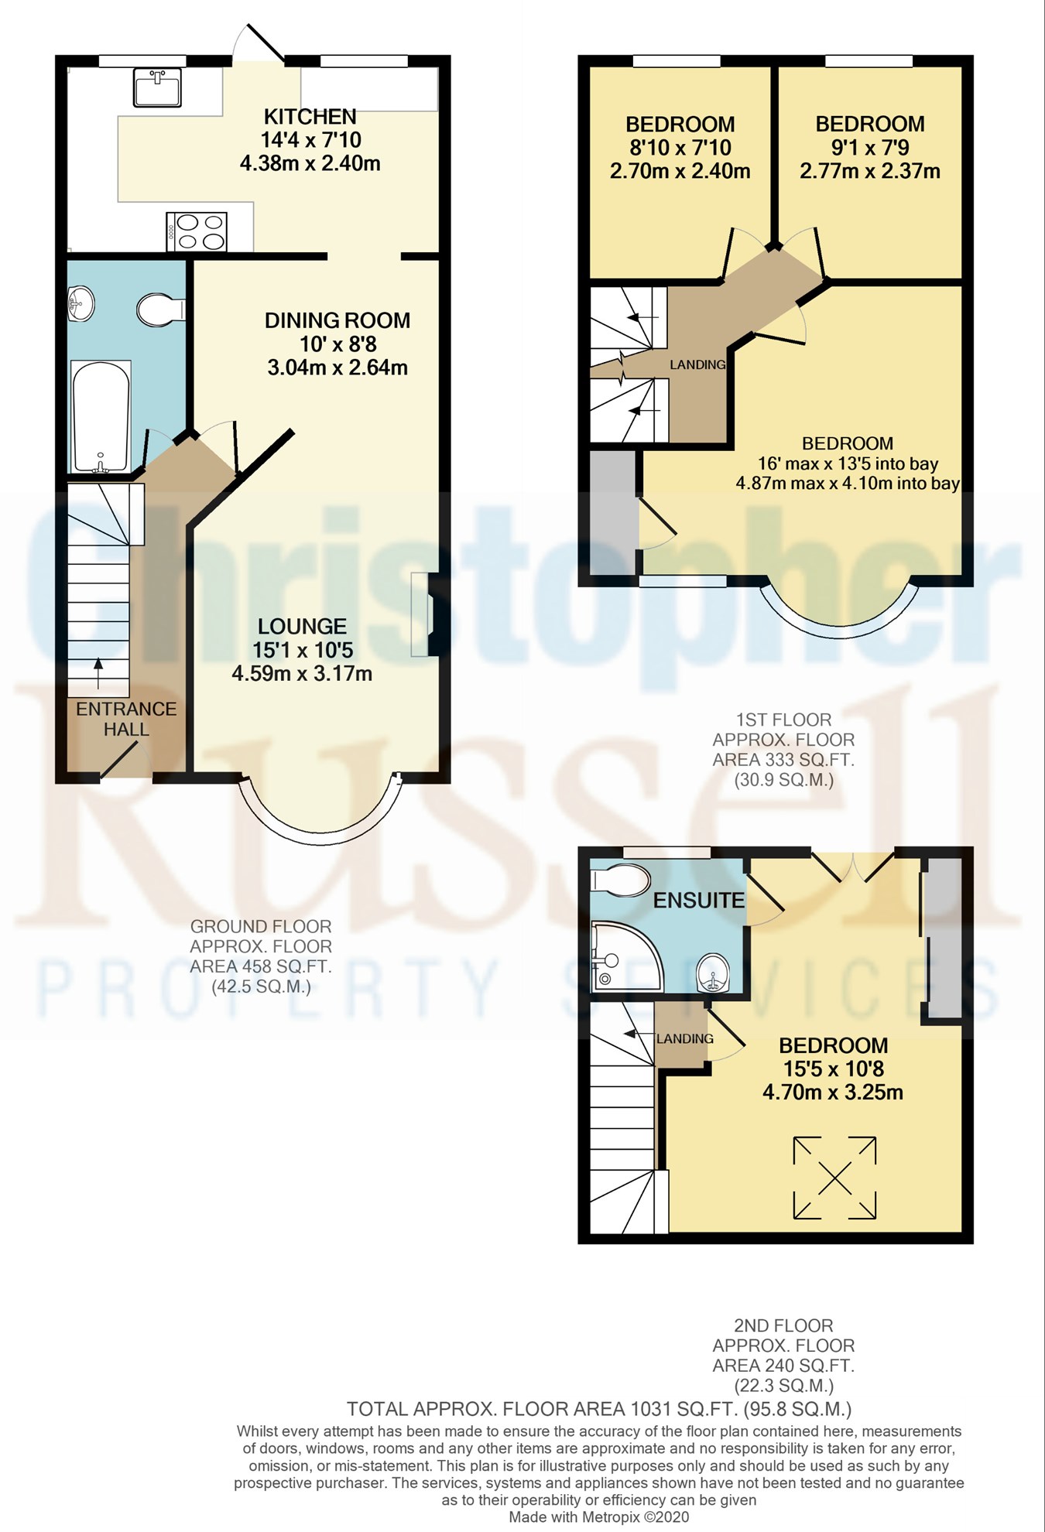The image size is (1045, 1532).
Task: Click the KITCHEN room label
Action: coord(310,117)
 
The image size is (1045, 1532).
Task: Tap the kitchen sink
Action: coord(157,86)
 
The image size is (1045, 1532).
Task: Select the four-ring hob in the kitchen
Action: coord(197,231)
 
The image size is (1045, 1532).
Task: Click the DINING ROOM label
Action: coord(337,320)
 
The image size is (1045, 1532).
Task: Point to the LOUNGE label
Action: coord(302,626)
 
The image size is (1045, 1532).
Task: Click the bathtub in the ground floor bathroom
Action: coord(101,416)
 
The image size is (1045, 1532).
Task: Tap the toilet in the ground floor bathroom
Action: coord(159,309)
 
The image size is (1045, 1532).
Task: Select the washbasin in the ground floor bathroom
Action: coord(81,303)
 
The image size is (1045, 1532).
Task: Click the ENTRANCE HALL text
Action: coord(126,719)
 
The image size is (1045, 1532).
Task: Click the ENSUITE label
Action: coord(699,900)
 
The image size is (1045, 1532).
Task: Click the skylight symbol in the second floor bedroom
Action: coord(834,1177)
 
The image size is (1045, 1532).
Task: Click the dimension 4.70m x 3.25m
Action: coord(833,1092)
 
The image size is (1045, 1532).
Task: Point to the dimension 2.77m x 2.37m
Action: coord(870,171)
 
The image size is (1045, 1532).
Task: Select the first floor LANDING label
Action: coord(697,364)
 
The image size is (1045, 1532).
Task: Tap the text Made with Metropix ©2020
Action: coord(598,1517)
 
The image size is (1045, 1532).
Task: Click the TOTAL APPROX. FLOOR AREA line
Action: coord(598,1408)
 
